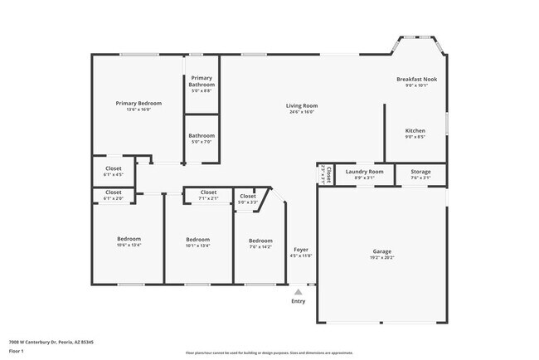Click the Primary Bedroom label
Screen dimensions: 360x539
[x=138, y=103]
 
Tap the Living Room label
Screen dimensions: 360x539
[x=302, y=105]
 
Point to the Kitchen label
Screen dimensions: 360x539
[x=415, y=130]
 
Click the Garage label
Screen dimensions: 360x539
[x=381, y=251]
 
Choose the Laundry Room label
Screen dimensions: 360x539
[x=358, y=172]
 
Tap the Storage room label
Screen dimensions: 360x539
[x=420, y=172]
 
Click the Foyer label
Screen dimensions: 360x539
[x=301, y=250]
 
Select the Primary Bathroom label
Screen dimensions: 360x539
[x=202, y=81]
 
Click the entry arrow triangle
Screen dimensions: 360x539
[x=298, y=291]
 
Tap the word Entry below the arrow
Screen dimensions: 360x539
[x=298, y=301]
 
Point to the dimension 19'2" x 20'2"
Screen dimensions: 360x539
[x=381, y=257]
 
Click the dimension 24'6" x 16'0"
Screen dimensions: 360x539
[x=302, y=112]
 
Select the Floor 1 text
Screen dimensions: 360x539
[x=17, y=351]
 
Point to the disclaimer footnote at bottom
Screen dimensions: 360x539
[x=269, y=352]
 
